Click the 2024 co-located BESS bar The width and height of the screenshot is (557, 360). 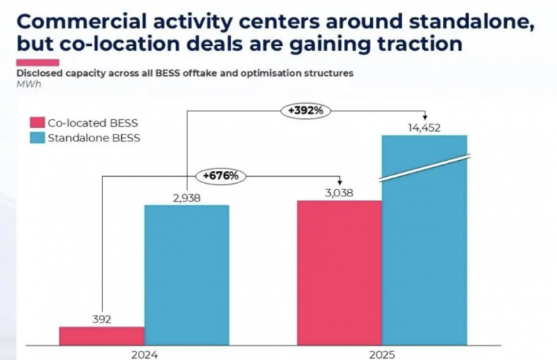pos(102,336)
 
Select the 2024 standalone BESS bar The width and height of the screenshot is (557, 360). pos(187,274)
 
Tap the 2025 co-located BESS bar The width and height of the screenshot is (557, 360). pos(340,272)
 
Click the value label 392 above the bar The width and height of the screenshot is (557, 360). pos(102,320)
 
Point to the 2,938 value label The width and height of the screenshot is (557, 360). pos(186,198)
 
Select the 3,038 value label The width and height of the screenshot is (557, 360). pos(339,193)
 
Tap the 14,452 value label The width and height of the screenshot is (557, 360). pos(424,127)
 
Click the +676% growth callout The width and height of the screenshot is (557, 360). pos(221,175)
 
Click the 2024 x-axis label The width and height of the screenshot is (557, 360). pos(144,354)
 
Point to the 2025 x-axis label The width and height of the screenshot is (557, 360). pos(382,354)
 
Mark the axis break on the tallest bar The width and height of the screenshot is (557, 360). pos(424,169)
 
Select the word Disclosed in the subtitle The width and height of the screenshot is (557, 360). pos(36,72)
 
